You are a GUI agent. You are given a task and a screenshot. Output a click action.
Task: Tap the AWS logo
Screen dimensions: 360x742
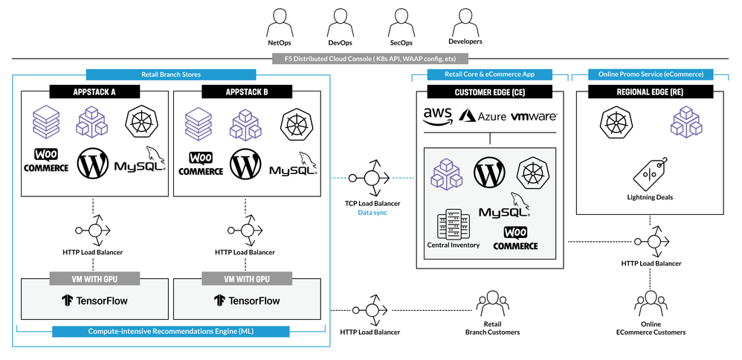(438, 115)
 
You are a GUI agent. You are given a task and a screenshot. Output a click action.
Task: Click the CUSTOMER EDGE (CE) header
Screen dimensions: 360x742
(489, 91)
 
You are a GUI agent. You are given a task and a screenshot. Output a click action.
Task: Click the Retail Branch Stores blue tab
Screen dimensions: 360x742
(171, 74)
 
